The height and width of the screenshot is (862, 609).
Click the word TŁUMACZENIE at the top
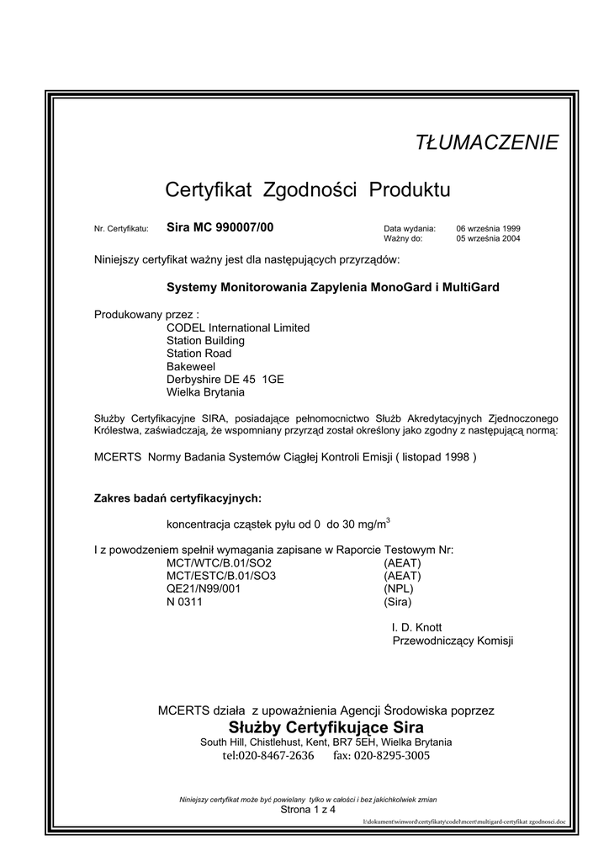(x=487, y=143)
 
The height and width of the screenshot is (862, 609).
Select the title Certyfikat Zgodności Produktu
(x=308, y=190)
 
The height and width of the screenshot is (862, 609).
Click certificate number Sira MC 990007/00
(x=220, y=227)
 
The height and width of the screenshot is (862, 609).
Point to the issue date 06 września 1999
(x=489, y=228)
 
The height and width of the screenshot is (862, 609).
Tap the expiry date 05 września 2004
(x=489, y=239)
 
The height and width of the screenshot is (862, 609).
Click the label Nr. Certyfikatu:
(x=121, y=229)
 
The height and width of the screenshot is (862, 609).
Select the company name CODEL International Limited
(x=238, y=327)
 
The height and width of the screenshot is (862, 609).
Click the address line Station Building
(x=206, y=341)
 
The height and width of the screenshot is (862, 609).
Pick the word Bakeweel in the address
(x=191, y=367)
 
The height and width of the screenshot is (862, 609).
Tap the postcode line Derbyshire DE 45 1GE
(x=225, y=380)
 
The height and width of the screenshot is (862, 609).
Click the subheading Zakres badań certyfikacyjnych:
(x=177, y=498)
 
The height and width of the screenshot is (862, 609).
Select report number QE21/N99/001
(x=204, y=588)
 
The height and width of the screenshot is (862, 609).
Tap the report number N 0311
(x=185, y=602)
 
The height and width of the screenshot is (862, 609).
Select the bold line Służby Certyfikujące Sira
(x=326, y=726)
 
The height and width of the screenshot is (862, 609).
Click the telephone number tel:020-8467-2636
(x=268, y=756)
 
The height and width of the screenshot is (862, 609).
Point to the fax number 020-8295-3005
(x=392, y=756)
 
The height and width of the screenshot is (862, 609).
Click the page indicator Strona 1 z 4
(x=308, y=810)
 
